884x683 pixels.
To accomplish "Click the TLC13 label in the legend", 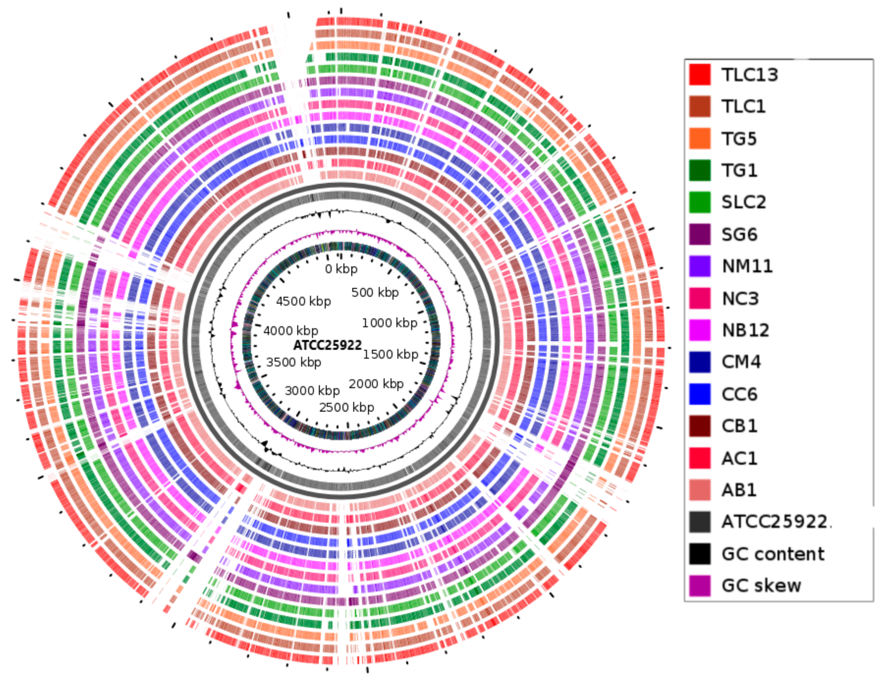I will click(x=749, y=75).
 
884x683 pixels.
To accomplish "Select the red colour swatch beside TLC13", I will click(x=700, y=75).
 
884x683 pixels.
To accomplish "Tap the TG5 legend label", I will click(x=739, y=139).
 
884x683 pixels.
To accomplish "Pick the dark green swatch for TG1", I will click(x=700, y=170).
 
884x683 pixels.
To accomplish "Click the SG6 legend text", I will click(x=739, y=234).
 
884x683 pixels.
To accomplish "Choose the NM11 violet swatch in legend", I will click(x=700, y=266).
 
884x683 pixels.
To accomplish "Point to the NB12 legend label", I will click(x=746, y=330).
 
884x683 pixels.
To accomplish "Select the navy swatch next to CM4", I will click(x=700, y=362).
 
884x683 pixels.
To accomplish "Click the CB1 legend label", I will click(x=739, y=426).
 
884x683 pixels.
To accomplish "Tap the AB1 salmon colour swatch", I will click(x=700, y=490).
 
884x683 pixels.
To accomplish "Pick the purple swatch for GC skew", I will click(x=700, y=586).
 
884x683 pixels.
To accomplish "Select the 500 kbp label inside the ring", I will click(x=375, y=292).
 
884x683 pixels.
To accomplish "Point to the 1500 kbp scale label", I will click(x=390, y=355).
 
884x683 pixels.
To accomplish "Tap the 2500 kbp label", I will click(x=346, y=407).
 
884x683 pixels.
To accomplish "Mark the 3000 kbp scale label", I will click(x=312, y=391).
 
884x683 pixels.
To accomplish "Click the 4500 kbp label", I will click(x=303, y=302).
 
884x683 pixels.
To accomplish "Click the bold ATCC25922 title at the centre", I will click(x=327, y=345).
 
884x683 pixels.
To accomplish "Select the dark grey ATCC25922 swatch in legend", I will click(x=700, y=522).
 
